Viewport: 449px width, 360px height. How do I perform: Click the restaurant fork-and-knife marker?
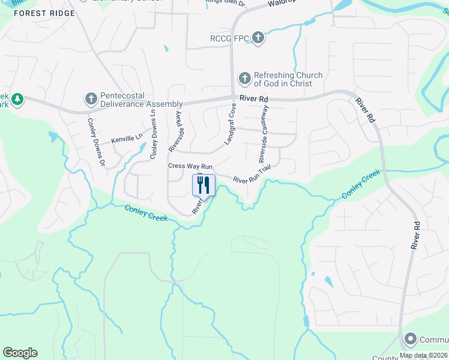tap(203, 185)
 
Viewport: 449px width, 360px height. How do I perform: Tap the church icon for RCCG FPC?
tap(258, 39)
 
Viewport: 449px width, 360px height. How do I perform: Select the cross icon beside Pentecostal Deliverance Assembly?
tap(91, 98)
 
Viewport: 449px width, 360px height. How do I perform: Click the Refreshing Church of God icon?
tap(244, 79)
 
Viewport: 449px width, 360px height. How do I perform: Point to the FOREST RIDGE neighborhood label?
tap(46, 13)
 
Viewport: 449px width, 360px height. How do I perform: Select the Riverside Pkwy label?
tap(175, 131)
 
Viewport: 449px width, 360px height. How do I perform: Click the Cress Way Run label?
tap(190, 166)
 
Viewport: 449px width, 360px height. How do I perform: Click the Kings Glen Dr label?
tap(226, 2)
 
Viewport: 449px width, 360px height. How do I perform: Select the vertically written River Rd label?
tap(415, 235)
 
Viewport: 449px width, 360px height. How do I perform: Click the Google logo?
tap(20, 353)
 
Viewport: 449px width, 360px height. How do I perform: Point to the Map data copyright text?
tap(423, 355)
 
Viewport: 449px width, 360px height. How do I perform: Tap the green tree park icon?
tap(18, 98)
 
